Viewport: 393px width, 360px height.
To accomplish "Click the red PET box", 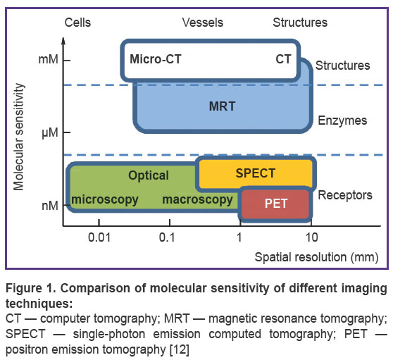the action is (x=275, y=204).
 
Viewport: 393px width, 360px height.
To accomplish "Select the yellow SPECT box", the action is (x=256, y=173).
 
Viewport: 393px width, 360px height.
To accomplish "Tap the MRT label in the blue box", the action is (x=222, y=106).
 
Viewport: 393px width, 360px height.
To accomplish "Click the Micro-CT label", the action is (x=156, y=59).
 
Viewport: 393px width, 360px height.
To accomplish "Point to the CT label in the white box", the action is (x=283, y=59).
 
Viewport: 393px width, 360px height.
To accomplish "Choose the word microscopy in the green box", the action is (x=105, y=200).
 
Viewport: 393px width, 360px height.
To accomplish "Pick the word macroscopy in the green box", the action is (x=197, y=200).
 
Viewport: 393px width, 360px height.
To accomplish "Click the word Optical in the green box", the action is (x=149, y=175).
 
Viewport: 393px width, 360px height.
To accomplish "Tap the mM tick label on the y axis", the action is (x=48, y=60).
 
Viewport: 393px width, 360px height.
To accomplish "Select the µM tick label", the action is (x=49, y=133).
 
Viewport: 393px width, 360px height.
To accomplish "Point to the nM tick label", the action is (x=50, y=206).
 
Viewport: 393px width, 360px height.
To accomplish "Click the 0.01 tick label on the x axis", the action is (x=99, y=237).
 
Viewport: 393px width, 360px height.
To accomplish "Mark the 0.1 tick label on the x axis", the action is (x=167, y=237).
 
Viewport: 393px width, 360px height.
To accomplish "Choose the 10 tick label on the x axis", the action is (x=312, y=237).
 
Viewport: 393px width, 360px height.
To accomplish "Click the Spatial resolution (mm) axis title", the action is (x=316, y=257).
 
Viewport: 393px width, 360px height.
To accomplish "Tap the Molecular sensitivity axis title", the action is (x=19, y=137).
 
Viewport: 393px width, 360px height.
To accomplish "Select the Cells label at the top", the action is (x=77, y=23).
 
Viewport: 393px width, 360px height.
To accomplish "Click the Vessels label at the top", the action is (x=203, y=23).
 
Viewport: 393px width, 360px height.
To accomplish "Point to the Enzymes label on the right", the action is (x=342, y=121).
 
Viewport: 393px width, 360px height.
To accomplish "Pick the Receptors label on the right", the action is (x=345, y=195).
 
